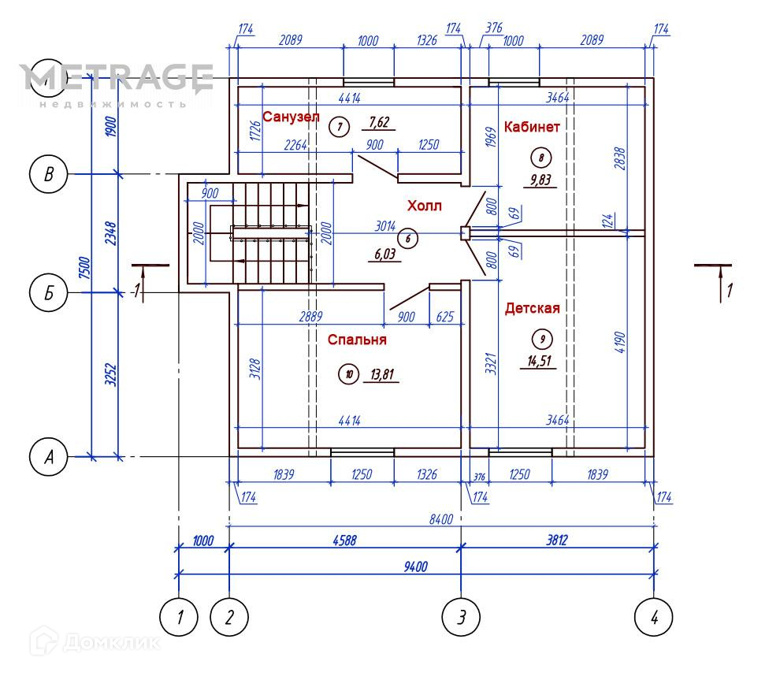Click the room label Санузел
point(291,117)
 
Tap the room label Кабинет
point(532,127)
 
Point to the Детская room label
point(533,308)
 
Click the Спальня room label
point(358,340)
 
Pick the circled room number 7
point(339,125)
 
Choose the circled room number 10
point(348,374)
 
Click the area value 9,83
point(540,179)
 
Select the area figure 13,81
point(381,374)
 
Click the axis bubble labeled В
point(49,174)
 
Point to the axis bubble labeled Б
point(49,294)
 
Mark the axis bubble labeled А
point(49,457)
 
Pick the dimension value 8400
point(440,518)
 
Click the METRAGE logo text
point(117,78)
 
